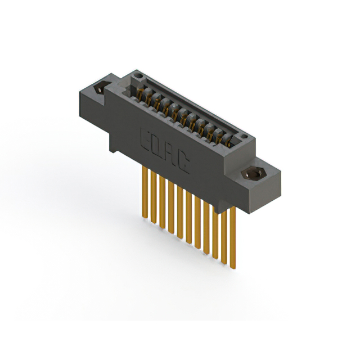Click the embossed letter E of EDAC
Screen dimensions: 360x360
145,140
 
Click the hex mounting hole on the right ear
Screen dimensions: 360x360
252,174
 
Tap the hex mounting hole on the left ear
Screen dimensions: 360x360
100,88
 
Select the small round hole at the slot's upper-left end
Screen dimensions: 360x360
138,75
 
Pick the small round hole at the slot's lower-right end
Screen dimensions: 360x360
245,137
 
